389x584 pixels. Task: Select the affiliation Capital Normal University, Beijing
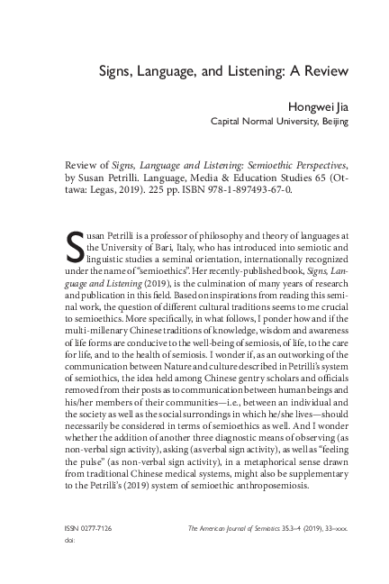278,121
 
